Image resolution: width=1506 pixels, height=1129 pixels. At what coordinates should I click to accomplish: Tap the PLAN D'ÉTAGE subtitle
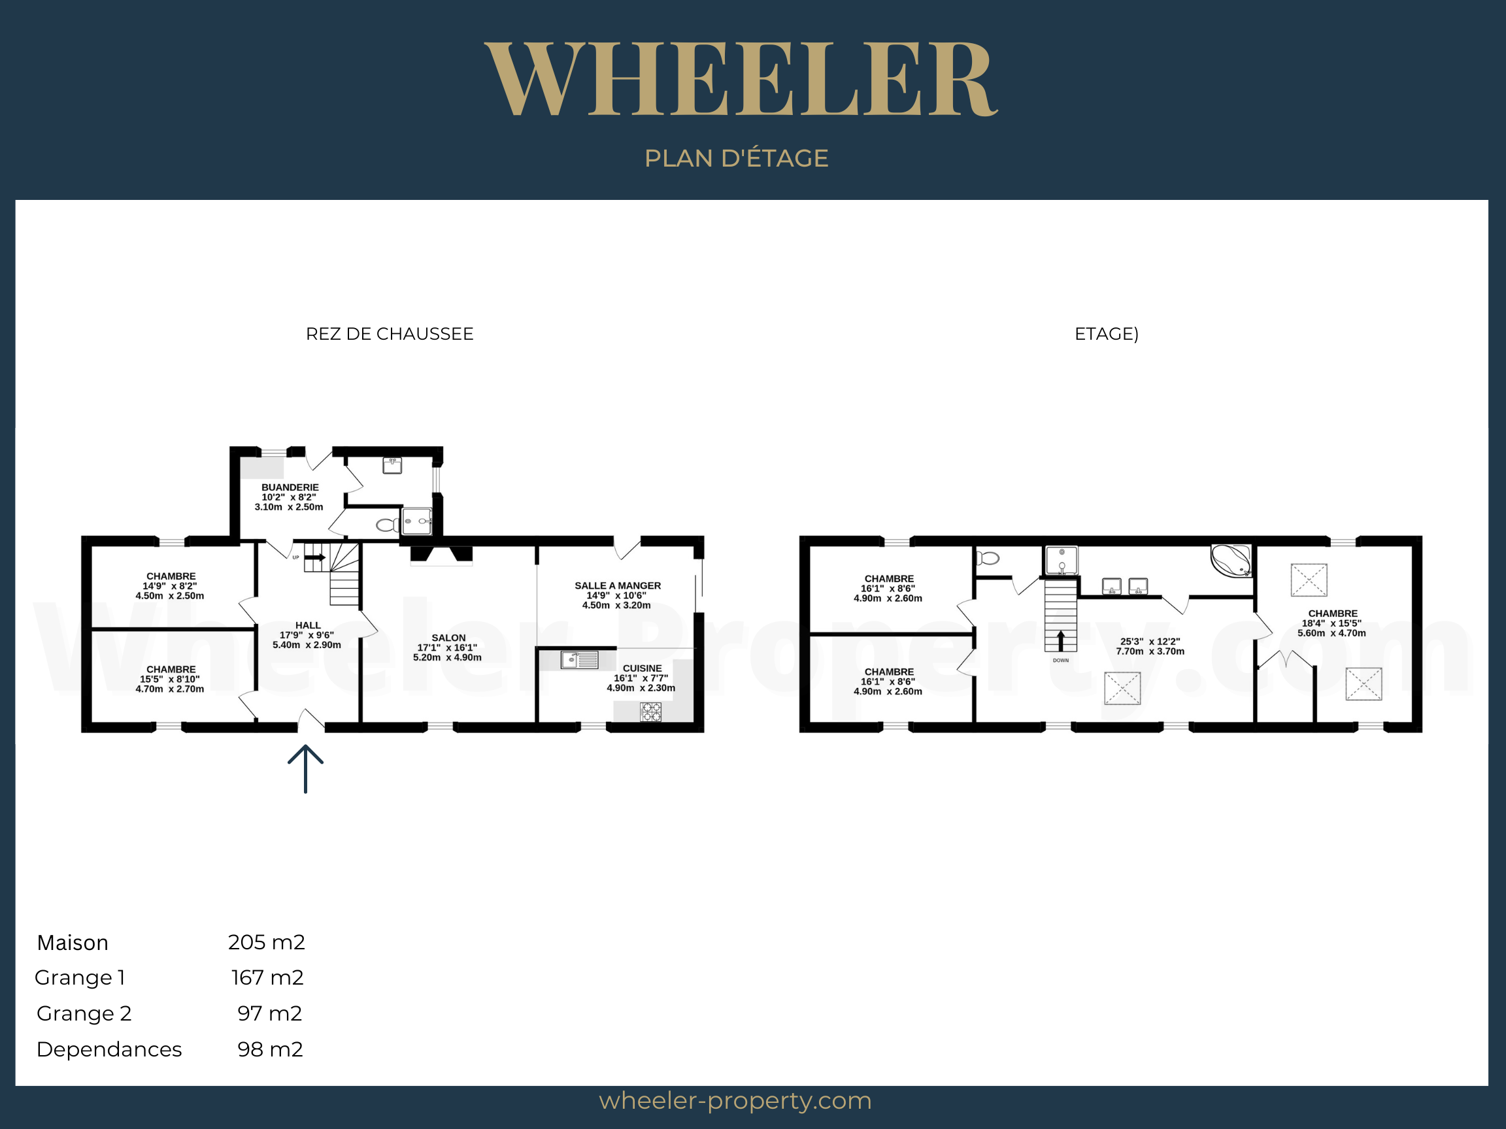736,158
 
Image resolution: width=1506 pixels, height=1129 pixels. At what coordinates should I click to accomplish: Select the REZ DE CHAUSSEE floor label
390,333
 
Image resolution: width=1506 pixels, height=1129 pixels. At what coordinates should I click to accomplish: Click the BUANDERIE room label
290,487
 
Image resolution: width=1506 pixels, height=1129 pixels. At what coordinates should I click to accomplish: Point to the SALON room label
448,638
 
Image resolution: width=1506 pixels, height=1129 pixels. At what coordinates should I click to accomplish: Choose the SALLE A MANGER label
618,585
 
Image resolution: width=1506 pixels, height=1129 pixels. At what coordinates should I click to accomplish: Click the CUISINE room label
642,668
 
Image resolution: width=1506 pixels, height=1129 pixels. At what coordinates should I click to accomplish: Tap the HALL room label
308,625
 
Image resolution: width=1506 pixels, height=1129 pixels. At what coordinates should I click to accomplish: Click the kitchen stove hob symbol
651,712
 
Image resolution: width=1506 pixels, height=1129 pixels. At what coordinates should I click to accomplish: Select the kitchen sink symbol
579,659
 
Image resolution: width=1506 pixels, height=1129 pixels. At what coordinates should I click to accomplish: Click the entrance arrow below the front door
305,769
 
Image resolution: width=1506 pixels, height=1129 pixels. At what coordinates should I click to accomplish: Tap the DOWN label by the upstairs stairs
1061,660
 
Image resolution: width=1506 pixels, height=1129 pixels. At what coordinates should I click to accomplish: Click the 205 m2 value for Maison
266,942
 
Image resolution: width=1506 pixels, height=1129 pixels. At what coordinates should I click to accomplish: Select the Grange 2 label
84,1013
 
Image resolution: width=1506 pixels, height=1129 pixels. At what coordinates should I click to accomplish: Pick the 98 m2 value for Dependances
269,1049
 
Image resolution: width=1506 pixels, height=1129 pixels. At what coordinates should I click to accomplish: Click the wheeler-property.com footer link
735,1100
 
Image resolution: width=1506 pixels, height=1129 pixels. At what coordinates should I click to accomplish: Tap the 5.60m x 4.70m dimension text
1331,633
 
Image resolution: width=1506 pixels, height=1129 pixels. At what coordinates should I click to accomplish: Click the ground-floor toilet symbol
388,525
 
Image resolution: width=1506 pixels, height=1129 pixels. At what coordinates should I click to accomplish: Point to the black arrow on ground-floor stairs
314,557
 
